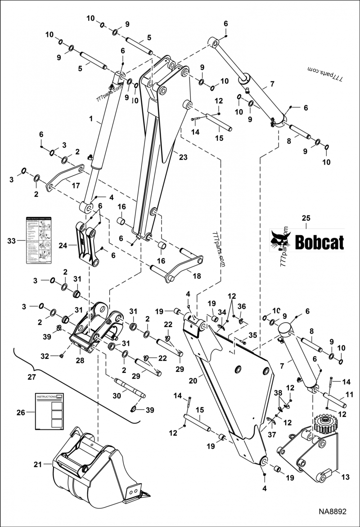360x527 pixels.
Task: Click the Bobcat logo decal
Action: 307,240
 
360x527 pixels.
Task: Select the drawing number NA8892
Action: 333,512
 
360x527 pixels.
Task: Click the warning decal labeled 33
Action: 38,241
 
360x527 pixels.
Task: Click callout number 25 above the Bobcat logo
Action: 306,218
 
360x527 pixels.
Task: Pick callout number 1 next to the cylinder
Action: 91,120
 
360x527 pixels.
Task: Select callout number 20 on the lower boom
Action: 193,380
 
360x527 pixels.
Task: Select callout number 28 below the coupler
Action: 81,360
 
